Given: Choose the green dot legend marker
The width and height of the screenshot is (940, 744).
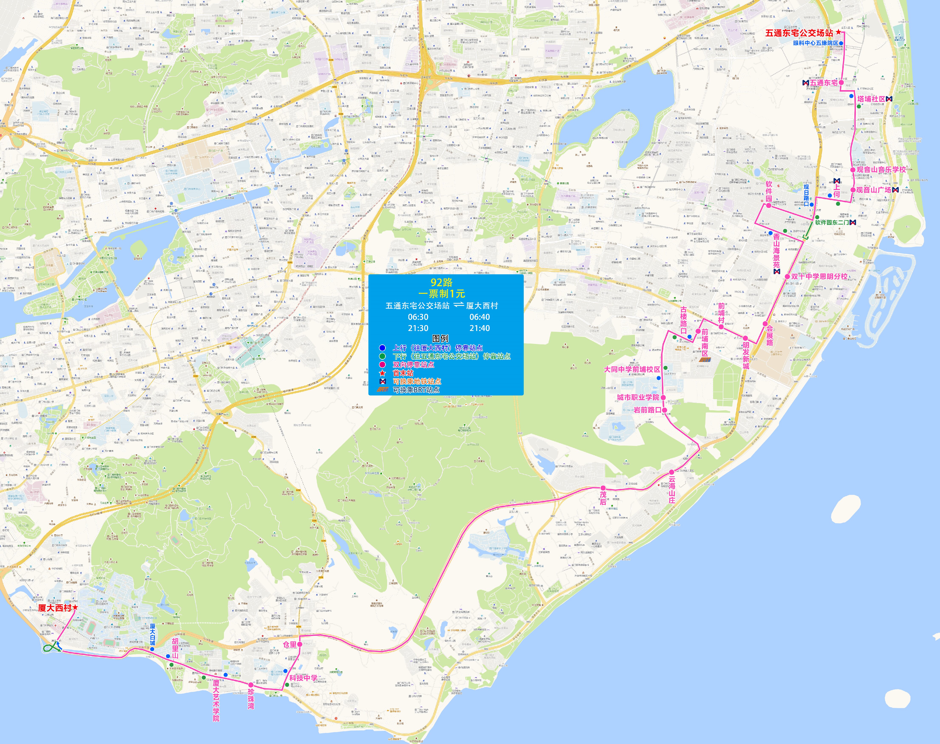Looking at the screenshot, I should click(x=382, y=356).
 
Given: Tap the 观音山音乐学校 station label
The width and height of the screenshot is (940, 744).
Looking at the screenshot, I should click(x=881, y=169).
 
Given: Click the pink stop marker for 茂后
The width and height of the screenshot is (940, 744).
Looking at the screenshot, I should click(x=603, y=488).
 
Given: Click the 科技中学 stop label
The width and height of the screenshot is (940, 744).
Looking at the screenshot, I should click(x=303, y=678).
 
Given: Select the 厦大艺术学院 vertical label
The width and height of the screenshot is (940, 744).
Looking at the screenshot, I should click(x=216, y=700).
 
